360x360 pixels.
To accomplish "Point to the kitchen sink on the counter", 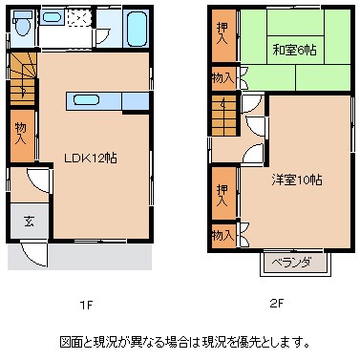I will (x=86, y=99).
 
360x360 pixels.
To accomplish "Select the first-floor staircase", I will (x=22, y=75).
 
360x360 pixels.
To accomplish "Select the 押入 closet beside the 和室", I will (x=221, y=38).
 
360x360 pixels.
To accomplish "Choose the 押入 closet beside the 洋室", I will (x=221, y=198).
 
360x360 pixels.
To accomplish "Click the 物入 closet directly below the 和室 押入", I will (x=221, y=77).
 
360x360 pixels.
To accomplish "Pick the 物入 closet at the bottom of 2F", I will (x=221, y=234).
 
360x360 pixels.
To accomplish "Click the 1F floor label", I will (x=86, y=305).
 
